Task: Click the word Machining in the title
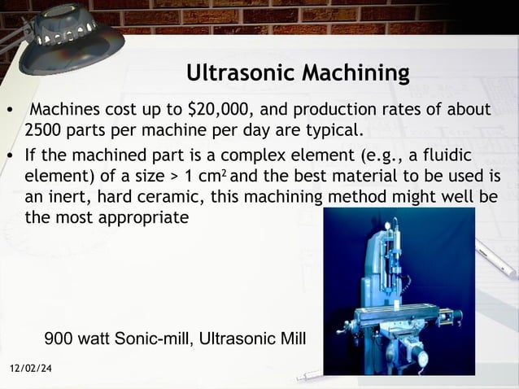[x=355, y=75]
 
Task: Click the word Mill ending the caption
[x=290, y=337]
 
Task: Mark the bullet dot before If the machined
[x=10, y=155]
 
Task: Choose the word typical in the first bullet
[x=326, y=130]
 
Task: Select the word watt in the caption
[x=95, y=337]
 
